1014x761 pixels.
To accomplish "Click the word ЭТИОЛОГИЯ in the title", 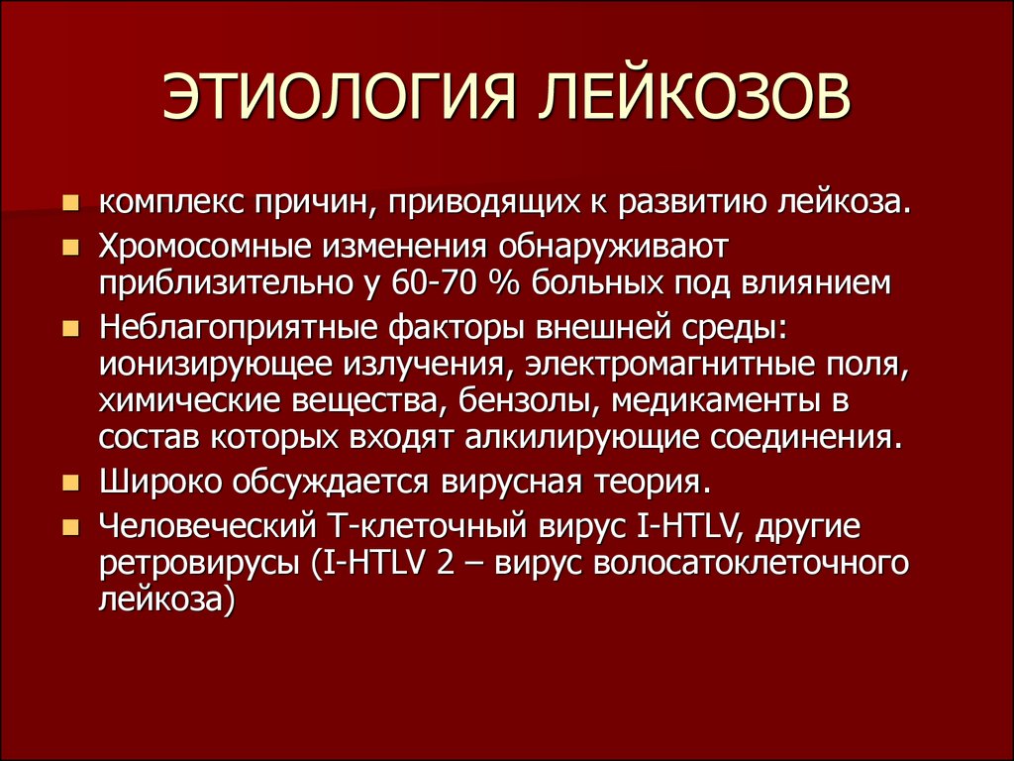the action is coord(339,96).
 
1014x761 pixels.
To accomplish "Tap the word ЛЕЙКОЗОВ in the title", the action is coord(695,96).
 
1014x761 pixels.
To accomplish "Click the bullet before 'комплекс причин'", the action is coord(70,204).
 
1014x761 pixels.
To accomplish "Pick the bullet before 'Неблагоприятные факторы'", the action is coord(70,329).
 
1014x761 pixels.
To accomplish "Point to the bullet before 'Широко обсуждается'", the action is coord(70,483).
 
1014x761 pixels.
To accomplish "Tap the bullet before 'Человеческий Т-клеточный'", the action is coord(70,528).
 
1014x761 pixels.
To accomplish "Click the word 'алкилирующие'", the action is coord(581,439).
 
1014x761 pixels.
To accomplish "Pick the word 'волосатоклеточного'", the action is coord(751,564).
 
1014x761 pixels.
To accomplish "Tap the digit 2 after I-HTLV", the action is coord(445,563).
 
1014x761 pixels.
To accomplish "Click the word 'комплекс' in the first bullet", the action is coord(170,204).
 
